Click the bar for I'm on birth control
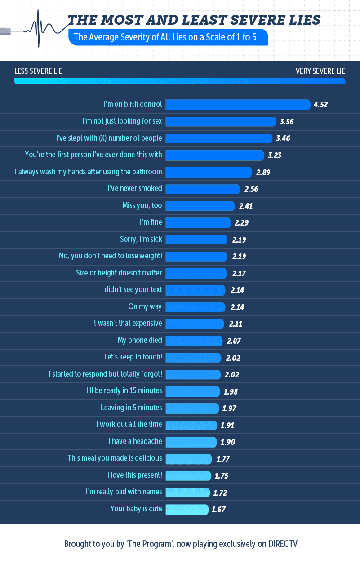[238, 105]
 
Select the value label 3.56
[287, 121]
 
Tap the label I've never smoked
[135, 188]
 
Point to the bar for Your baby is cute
[187, 509]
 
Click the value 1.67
[218, 510]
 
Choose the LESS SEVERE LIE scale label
[38, 71]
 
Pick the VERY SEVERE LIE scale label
[320, 71]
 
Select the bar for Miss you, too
[200, 206]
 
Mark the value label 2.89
[263, 172]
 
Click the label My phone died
[140, 340]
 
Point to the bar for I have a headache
[191, 442]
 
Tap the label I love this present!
[134, 475]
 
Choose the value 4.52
[321, 105]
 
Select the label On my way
[145, 306]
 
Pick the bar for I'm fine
[198, 222]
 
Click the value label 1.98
[231, 391]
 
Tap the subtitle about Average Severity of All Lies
[165, 37]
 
